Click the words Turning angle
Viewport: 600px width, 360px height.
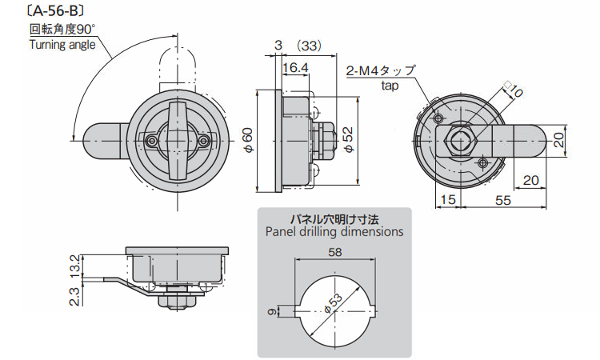(62, 44)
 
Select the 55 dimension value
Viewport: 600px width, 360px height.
(502, 200)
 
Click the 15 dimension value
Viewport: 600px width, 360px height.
(447, 200)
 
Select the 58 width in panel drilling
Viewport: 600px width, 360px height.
(334, 253)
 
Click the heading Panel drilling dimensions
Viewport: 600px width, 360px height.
(334, 232)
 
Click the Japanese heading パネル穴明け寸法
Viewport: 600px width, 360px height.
(334, 218)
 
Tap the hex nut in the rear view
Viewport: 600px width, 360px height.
(458, 142)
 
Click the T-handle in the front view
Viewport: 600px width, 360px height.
(178, 139)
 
